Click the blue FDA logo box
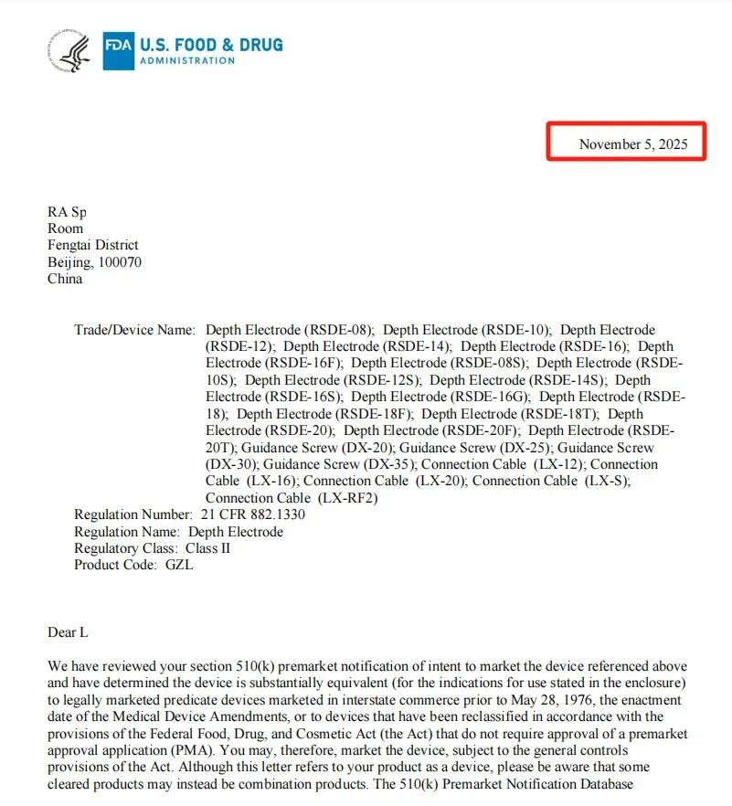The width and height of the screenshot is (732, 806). [118, 51]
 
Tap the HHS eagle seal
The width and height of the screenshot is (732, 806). [70, 51]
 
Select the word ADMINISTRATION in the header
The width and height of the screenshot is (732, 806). [186, 61]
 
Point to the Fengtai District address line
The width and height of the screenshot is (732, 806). [93, 245]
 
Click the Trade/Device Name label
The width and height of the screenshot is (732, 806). [134, 329]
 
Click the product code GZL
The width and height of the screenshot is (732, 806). [179, 565]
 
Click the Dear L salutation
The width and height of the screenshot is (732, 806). [68, 631]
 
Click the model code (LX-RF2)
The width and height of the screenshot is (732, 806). [347, 498]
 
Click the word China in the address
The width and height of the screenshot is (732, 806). [65, 279]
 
